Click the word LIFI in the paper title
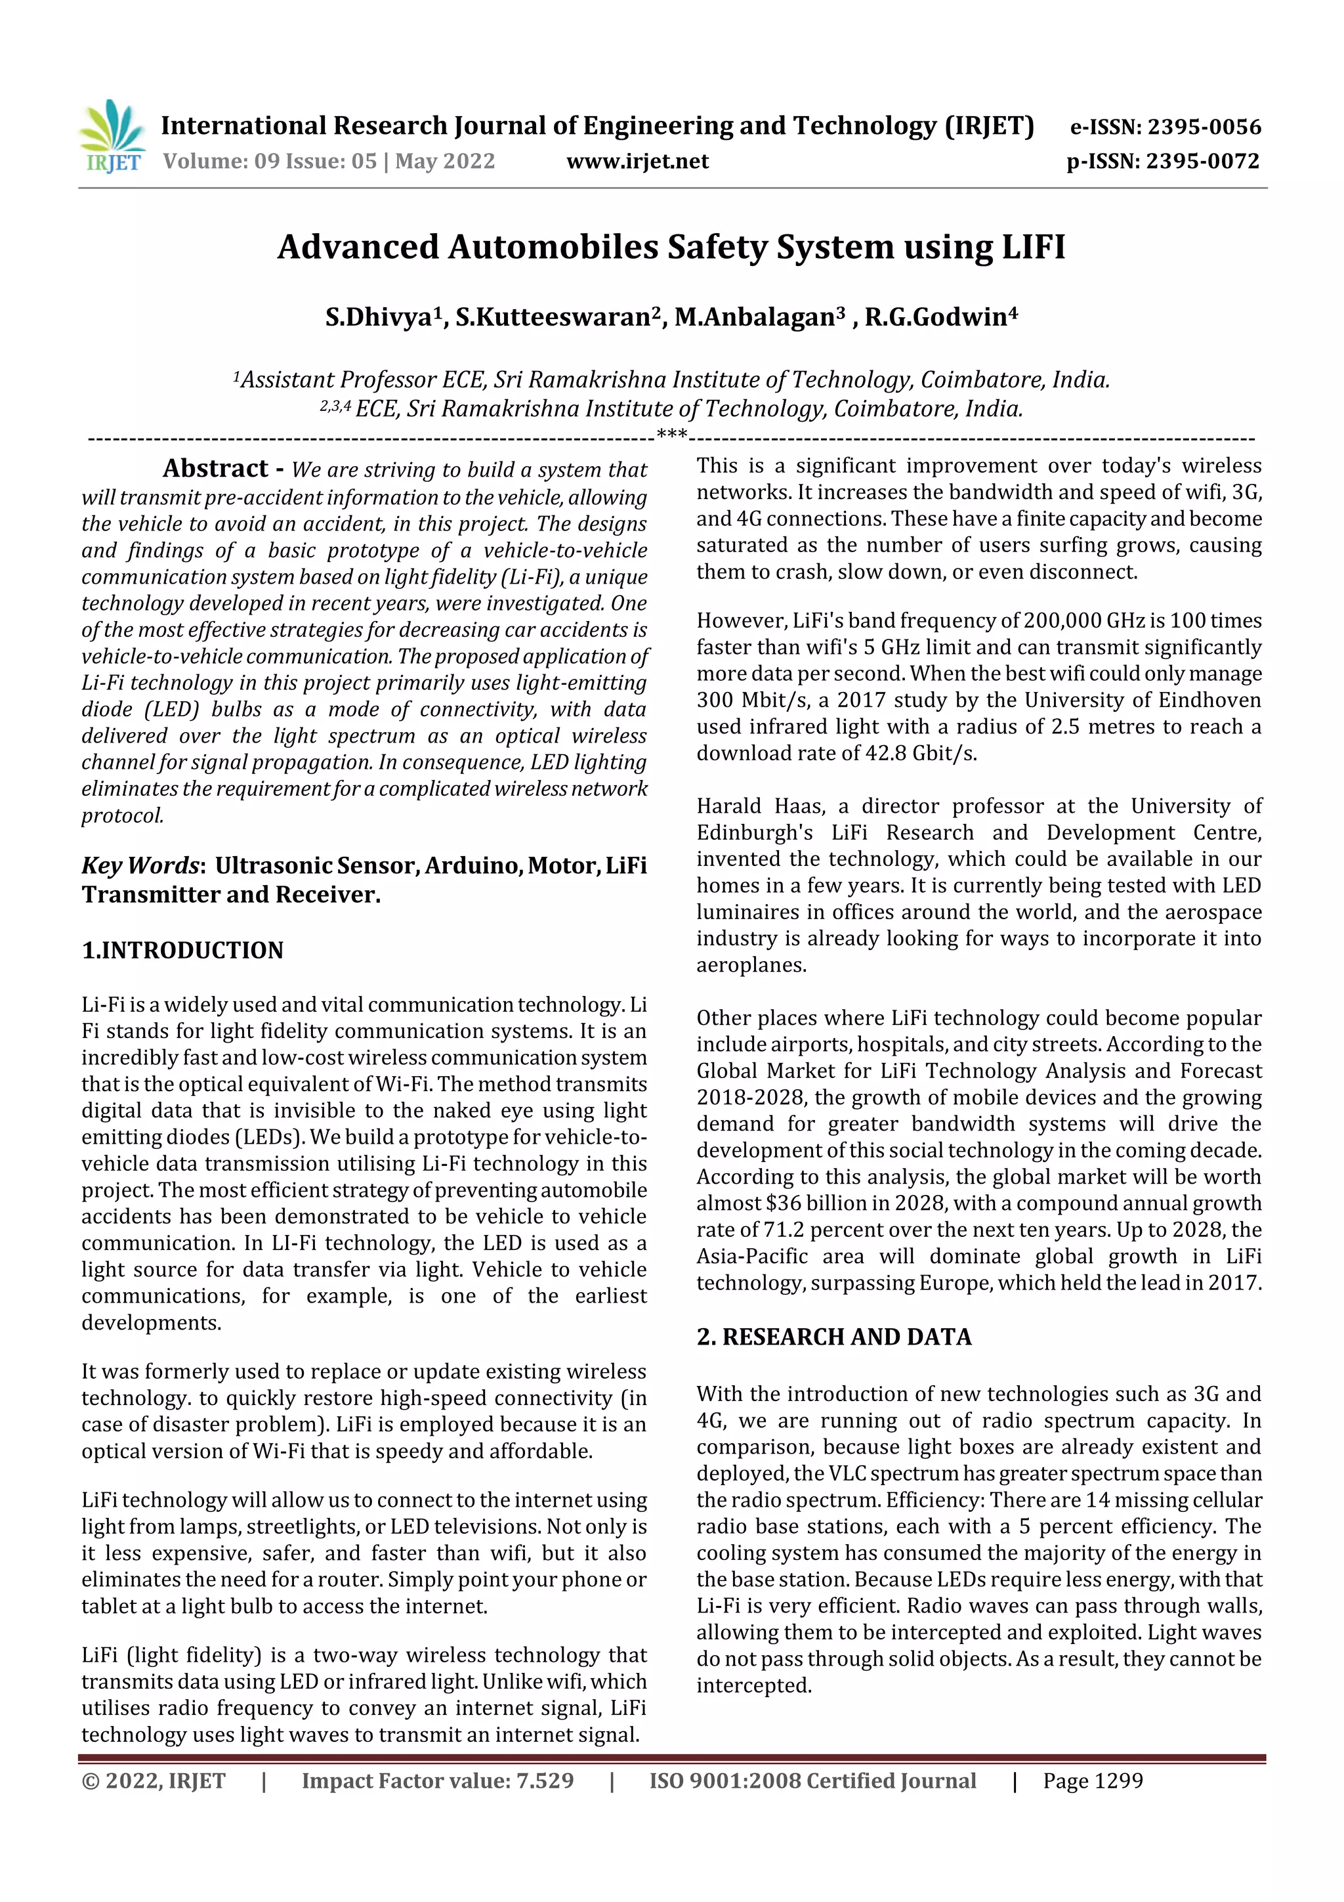(1034, 247)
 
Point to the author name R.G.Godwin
(935, 317)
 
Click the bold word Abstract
(215, 469)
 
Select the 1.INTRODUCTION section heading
(182, 950)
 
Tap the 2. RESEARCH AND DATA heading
(834, 1337)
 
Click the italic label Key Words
(140, 866)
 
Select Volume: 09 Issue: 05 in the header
(269, 161)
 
